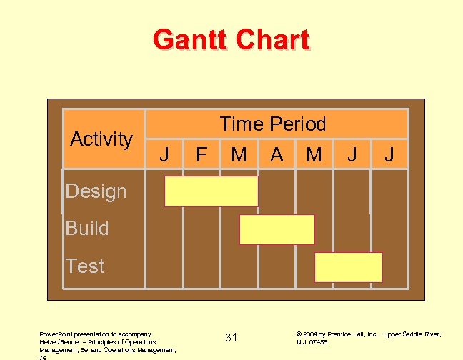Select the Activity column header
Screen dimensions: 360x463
point(101,139)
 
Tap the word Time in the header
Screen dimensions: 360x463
point(241,124)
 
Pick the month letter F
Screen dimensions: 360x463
point(201,154)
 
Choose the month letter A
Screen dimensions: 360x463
point(277,154)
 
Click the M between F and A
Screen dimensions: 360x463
point(239,154)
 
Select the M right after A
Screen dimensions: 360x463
point(314,154)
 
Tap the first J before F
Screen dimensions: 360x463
point(164,154)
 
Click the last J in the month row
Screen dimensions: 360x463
point(389,154)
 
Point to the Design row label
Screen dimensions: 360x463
point(96,191)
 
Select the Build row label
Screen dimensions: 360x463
point(87,229)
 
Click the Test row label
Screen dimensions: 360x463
point(85,266)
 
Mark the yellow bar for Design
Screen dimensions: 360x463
point(211,191)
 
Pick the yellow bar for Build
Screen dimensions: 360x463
point(277,229)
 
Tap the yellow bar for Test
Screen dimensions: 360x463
point(349,267)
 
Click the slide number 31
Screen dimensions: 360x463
point(231,337)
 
